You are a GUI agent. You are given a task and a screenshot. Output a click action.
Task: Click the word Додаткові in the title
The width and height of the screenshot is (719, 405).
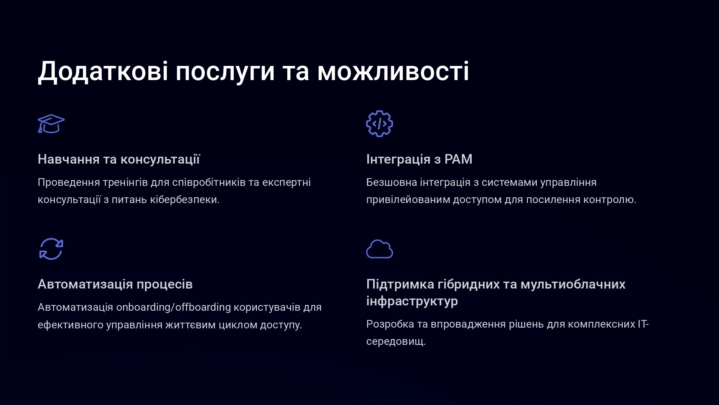pyautogui.click(x=103, y=72)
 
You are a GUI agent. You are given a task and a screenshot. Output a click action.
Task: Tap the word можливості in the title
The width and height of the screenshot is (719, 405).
pyautogui.click(x=393, y=72)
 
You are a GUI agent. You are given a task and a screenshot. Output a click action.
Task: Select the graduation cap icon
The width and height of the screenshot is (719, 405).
pyautogui.click(x=51, y=124)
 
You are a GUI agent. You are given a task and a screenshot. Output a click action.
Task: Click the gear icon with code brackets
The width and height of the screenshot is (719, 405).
pyautogui.click(x=380, y=124)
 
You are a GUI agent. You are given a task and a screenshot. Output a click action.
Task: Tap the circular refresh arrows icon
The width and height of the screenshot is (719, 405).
pyautogui.click(x=51, y=249)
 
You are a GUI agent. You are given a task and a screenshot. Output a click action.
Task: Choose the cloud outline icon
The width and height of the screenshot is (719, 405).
pyautogui.click(x=380, y=249)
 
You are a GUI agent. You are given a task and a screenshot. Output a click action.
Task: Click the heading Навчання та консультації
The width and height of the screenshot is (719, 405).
pyautogui.click(x=119, y=159)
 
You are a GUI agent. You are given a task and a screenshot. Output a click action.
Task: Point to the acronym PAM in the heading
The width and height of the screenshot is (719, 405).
pyautogui.click(x=458, y=159)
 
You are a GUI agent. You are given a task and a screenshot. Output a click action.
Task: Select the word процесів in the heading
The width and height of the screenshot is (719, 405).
pyautogui.click(x=165, y=285)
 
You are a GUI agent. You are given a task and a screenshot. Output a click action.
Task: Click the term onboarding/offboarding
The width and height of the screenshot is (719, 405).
pyautogui.click(x=174, y=307)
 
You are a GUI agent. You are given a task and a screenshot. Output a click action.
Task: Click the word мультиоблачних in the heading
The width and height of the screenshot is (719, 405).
pyautogui.click(x=573, y=284)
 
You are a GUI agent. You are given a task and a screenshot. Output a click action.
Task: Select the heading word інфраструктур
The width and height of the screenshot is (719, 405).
pyautogui.click(x=412, y=302)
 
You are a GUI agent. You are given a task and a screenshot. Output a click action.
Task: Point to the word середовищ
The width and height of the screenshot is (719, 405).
pyautogui.click(x=396, y=341)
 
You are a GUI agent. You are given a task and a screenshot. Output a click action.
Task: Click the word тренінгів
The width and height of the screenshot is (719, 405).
pyautogui.click(x=125, y=182)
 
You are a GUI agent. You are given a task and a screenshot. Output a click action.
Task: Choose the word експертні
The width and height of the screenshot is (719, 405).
pyautogui.click(x=286, y=182)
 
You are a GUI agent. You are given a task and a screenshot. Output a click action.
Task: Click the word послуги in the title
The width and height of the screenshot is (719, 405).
pyautogui.click(x=225, y=72)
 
